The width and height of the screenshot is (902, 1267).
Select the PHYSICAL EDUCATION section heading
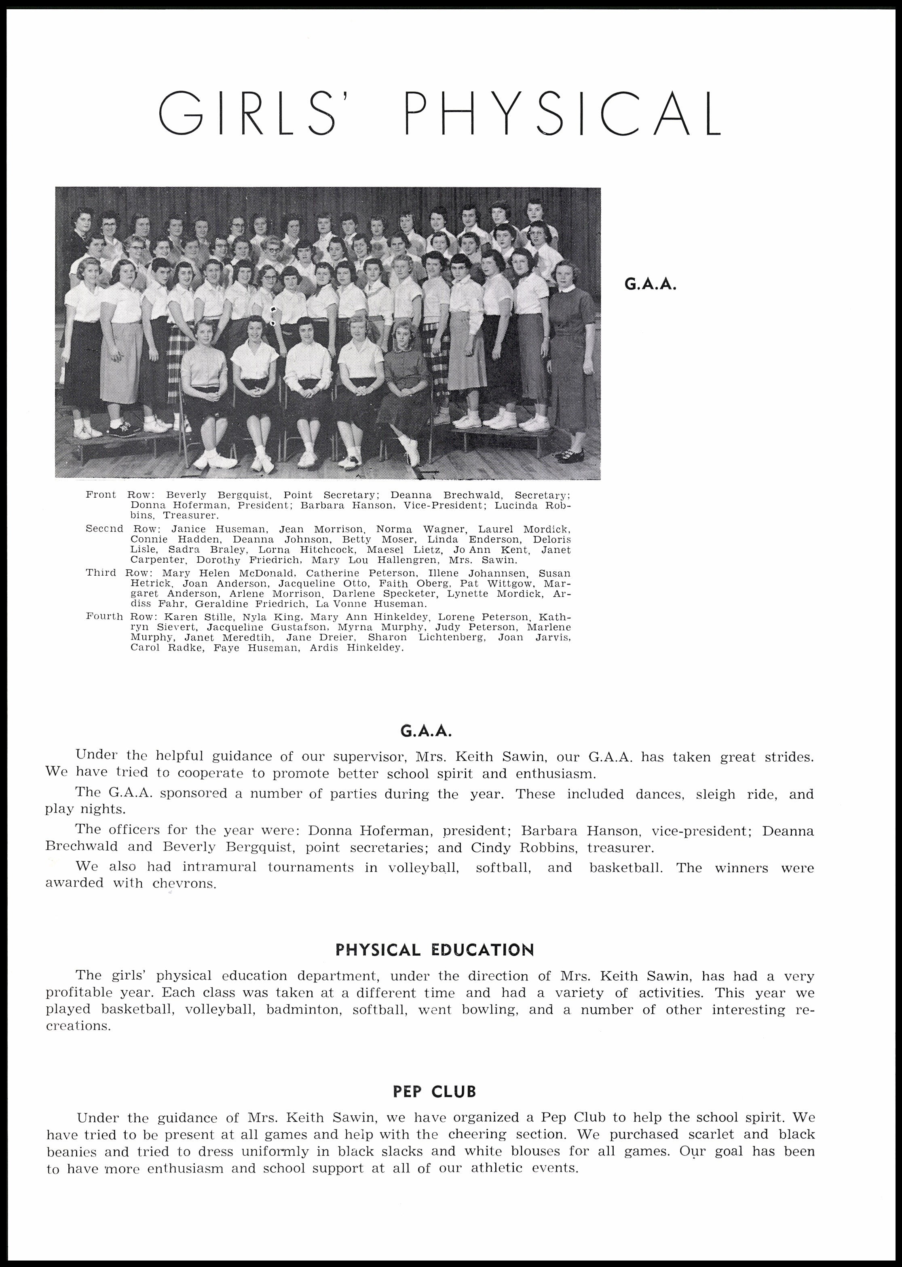point(434,950)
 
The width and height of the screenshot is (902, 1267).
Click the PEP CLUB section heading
point(434,1092)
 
